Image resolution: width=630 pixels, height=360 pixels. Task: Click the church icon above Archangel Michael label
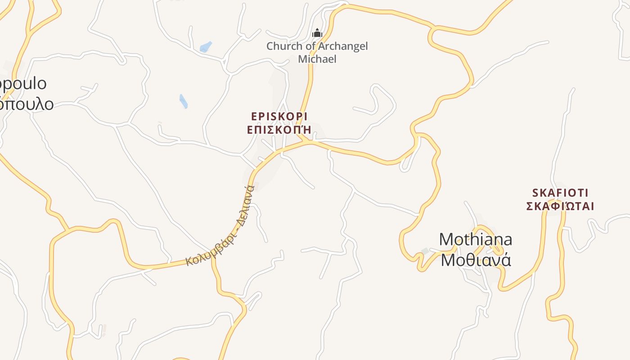(317, 33)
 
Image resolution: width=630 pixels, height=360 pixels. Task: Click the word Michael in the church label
(317, 59)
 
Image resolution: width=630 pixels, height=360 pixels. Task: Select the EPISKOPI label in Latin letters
(279, 117)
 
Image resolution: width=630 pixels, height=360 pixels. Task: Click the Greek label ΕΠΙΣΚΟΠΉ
(279, 130)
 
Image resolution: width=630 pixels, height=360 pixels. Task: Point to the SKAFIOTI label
(560, 193)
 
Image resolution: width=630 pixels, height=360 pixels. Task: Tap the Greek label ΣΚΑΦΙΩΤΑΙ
(560, 206)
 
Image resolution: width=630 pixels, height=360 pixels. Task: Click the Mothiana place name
(475, 239)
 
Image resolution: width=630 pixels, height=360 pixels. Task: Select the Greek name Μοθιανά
(476, 260)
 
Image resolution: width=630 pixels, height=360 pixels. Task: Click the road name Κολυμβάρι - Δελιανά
(220, 225)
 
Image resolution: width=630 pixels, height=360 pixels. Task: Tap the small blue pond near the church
(206, 46)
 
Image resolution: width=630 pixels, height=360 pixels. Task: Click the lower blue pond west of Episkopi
(184, 101)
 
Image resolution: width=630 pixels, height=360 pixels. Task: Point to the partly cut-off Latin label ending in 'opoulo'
(23, 84)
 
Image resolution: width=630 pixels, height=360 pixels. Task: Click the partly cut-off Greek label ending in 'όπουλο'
(27, 104)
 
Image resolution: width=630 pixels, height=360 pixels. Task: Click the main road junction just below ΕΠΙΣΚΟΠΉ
(309, 142)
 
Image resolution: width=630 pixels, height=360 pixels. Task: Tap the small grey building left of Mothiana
(425, 251)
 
